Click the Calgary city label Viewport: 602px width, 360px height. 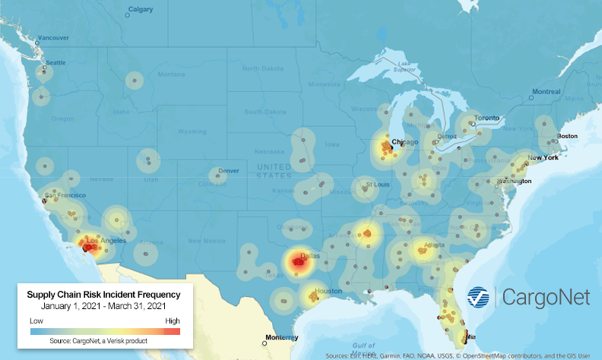point(140,10)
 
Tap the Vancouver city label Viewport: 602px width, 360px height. point(53,37)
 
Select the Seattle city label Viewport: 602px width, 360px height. point(55,63)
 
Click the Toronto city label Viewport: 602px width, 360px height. point(486,119)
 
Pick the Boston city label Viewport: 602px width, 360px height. point(567,136)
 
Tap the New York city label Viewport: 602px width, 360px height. point(543,157)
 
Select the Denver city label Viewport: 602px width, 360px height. point(228,171)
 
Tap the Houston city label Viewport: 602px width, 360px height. point(328,291)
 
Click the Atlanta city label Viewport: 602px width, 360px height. point(435,245)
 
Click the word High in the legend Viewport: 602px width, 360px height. point(172,321)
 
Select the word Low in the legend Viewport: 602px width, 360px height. point(36,321)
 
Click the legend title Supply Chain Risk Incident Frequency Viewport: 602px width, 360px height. point(103,294)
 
